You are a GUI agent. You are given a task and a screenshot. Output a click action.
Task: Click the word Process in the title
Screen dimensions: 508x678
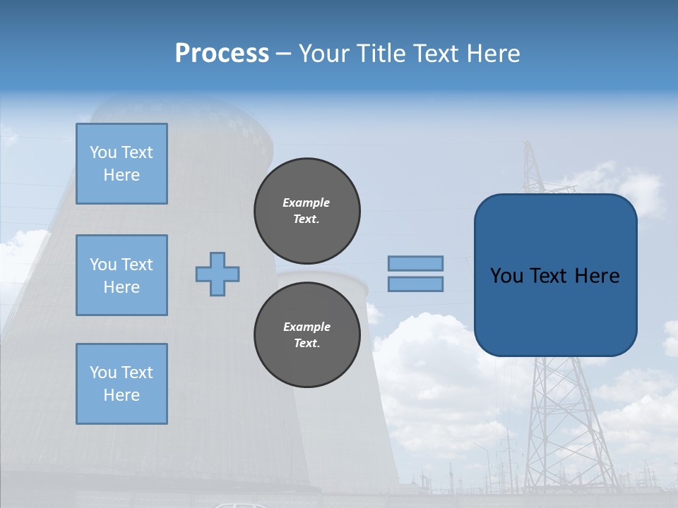click(222, 54)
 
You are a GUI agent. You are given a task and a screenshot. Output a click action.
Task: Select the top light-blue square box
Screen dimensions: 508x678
click(121, 164)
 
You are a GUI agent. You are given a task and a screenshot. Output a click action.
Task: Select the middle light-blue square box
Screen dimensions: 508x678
click(121, 275)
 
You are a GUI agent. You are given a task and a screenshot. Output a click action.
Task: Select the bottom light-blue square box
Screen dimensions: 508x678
click(121, 383)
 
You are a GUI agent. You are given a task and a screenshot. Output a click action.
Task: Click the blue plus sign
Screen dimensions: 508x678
click(218, 274)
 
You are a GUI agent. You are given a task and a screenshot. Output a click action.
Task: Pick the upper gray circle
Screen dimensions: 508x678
click(307, 210)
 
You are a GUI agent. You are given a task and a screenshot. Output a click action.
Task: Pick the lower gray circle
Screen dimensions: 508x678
click(307, 334)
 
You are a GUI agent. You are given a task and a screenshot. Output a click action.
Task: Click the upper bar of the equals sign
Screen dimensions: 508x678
click(415, 263)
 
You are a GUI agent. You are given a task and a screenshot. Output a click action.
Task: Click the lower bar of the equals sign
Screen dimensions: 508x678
click(415, 284)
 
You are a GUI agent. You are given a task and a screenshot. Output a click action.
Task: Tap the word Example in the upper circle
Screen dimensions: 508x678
click(307, 202)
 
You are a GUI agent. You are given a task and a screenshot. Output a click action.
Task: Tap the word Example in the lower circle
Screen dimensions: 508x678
click(307, 327)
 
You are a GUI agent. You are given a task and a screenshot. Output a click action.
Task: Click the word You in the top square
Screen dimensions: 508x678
click(102, 152)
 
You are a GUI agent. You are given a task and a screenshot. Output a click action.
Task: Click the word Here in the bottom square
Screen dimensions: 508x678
click(121, 395)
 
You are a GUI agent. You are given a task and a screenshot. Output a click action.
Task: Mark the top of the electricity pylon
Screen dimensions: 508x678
click(528, 144)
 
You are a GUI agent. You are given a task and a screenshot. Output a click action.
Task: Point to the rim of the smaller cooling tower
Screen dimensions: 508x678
click(322, 275)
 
